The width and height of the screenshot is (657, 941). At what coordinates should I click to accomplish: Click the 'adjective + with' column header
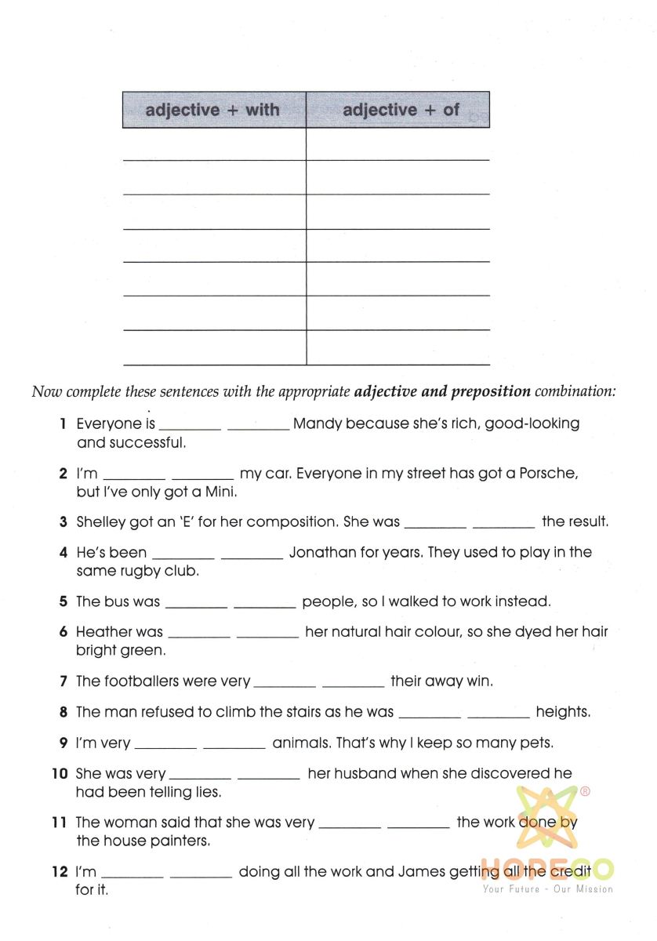coord(212,110)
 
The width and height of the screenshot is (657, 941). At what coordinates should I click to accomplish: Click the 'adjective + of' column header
coord(401,110)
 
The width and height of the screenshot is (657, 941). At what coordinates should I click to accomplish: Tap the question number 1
coord(62,424)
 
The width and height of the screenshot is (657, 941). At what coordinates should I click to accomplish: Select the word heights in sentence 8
coord(562,712)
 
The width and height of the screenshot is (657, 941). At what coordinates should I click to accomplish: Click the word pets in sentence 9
coord(539,743)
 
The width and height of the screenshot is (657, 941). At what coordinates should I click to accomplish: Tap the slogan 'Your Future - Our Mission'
coord(548,889)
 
